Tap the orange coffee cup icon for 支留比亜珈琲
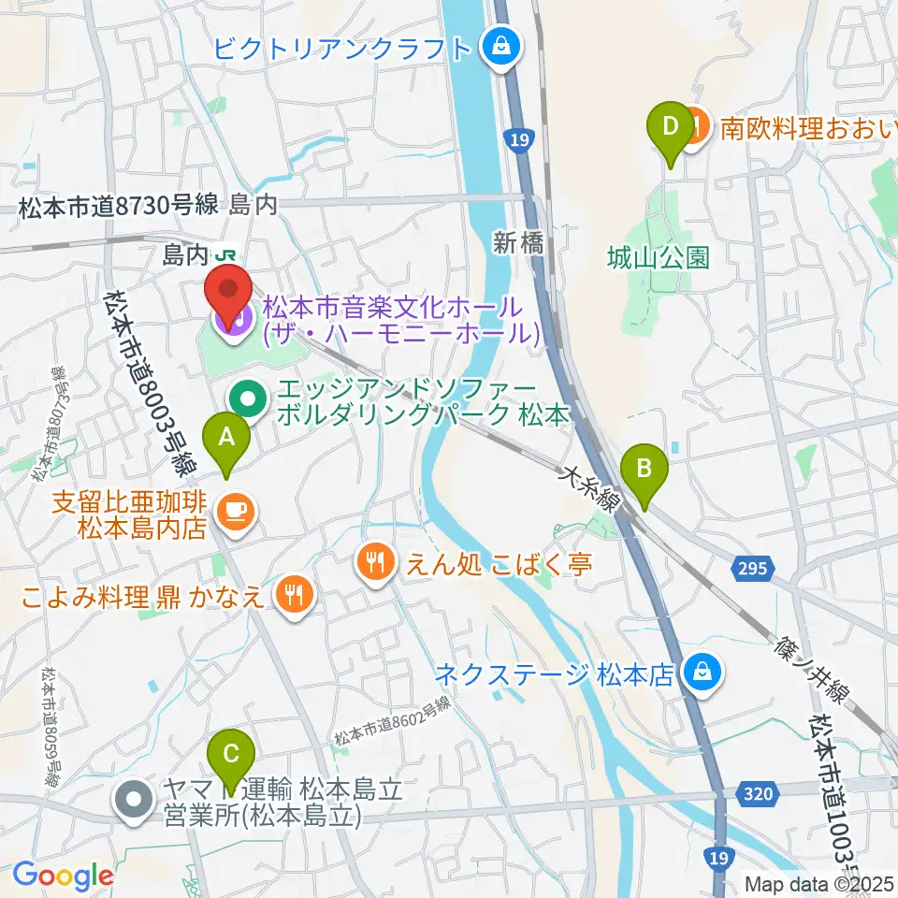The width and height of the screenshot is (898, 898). [x=231, y=511]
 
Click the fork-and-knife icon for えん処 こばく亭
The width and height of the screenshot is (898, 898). [x=374, y=560]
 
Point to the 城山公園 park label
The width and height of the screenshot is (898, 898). [x=658, y=256]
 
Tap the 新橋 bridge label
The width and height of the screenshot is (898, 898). [x=518, y=243]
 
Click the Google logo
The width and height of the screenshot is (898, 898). [x=64, y=876]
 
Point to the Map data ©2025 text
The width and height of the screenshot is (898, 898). [x=819, y=883]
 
